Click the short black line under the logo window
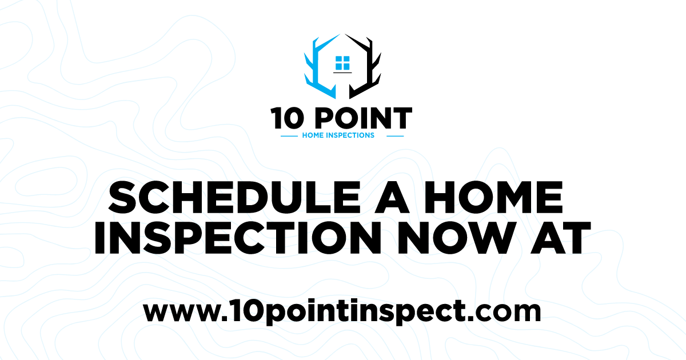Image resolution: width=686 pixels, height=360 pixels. [342, 73]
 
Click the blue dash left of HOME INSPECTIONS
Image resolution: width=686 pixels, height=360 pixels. [289, 136]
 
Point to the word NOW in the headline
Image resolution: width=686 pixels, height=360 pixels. [477, 238]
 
